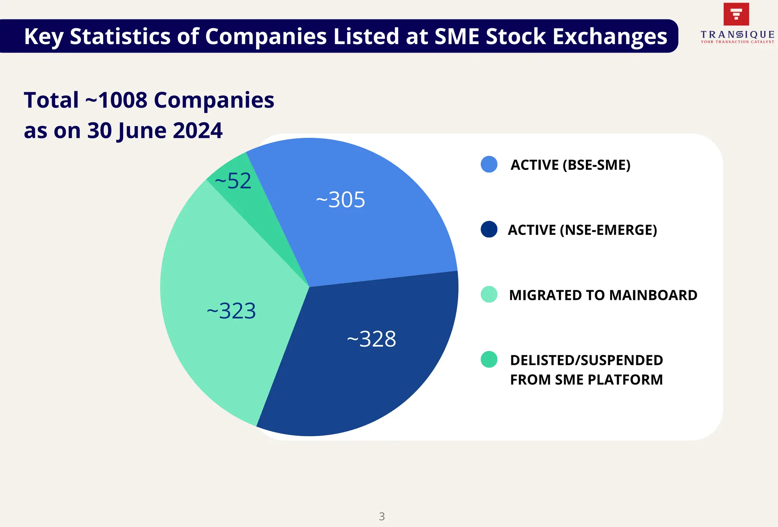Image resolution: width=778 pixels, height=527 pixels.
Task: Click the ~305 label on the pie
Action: tap(340, 199)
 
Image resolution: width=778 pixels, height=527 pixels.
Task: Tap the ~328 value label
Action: tap(372, 339)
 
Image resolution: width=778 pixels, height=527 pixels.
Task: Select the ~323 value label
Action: tap(231, 311)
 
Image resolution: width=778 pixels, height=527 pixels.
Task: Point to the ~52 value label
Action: tap(233, 181)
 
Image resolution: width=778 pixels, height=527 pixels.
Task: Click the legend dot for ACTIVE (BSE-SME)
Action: tap(489, 165)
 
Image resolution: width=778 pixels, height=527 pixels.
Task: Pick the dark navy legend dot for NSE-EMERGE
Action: tap(489, 229)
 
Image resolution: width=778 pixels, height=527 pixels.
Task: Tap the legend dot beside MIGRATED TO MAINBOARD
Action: tap(489, 294)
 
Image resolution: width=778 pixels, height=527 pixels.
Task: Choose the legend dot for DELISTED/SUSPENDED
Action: tap(489, 359)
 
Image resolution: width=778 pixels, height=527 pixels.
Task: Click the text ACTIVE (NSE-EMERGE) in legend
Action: tap(582, 230)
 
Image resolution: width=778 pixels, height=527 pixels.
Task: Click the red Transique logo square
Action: tap(736, 14)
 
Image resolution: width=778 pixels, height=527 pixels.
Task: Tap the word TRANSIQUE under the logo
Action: tap(737, 35)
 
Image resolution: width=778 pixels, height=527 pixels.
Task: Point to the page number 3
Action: tap(382, 516)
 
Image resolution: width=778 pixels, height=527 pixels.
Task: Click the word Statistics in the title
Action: tap(120, 36)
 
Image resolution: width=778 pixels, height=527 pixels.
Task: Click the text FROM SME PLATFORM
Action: tap(586, 380)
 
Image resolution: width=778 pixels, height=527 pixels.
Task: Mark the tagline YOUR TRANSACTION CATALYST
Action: tap(737, 42)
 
